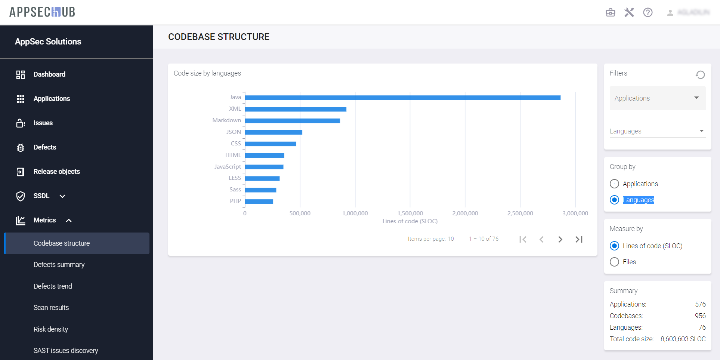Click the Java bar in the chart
pyautogui.click(x=402, y=98)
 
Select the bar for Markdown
pyautogui.click(x=292, y=121)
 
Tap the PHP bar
pyautogui.click(x=259, y=201)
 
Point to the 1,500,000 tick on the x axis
pyautogui.click(x=410, y=213)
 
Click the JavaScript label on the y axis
pyautogui.click(x=228, y=166)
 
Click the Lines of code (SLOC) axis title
pyautogui.click(x=410, y=221)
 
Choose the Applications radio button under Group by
pyautogui.click(x=614, y=184)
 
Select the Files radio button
pyautogui.click(x=614, y=262)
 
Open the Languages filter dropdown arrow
pyautogui.click(x=701, y=131)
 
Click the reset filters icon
pyautogui.click(x=700, y=75)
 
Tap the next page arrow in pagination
pyautogui.click(x=560, y=239)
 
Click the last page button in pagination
pyautogui.click(x=579, y=239)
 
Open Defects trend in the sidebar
pyautogui.click(x=53, y=286)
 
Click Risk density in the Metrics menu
pyautogui.click(x=51, y=329)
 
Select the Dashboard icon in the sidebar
pyautogui.click(x=21, y=74)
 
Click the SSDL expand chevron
pyautogui.click(x=62, y=196)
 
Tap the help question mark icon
pyautogui.click(x=648, y=12)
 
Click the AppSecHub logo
pyautogui.click(x=42, y=12)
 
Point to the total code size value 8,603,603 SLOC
pyautogui.click(x=683, y=339)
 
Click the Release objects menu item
pyautogui.click(x=57, y=172)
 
